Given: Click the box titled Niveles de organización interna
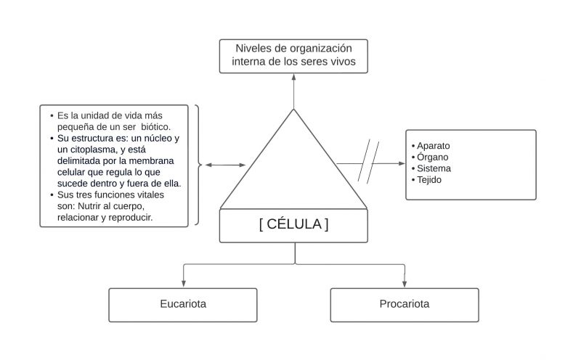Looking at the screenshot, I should pos(293,56).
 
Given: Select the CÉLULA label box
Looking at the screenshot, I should pos(293,225).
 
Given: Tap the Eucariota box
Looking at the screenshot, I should pos(183,304).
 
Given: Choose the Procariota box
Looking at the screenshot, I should pos(404,304).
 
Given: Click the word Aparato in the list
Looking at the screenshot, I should pos(434,146).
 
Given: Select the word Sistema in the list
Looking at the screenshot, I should pos(434,168).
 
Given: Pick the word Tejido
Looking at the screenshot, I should pos(431,179).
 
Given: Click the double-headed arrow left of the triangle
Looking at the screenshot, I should pos(225,165).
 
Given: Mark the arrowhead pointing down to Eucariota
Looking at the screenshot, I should pos(183,284).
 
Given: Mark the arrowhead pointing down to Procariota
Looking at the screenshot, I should pos(405,284).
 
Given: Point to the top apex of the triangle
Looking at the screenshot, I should pos(293,110).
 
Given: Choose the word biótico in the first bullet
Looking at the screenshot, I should pos(155,126).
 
